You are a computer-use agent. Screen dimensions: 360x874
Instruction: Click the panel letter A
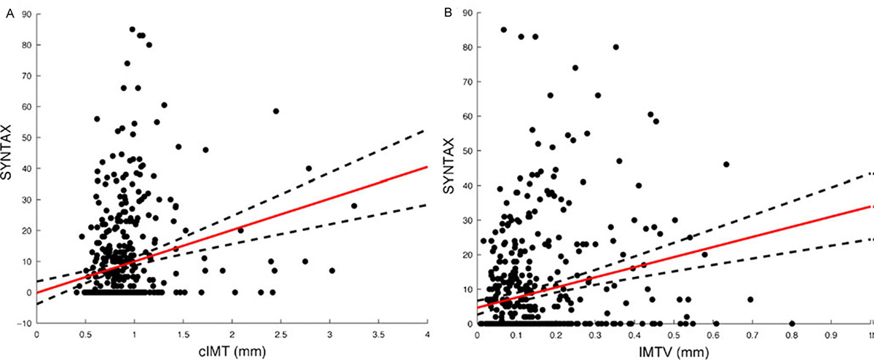tap(9, 9)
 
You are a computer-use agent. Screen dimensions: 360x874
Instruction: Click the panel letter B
tap(449, 9)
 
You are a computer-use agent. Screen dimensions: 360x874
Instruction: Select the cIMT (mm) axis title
tap(231, 351)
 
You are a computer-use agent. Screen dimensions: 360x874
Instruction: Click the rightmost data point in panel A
tap(354, 206)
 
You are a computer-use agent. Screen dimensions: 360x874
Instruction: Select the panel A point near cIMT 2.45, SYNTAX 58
tap(276, 111)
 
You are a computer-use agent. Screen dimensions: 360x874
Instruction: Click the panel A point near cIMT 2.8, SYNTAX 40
tap(309, 168)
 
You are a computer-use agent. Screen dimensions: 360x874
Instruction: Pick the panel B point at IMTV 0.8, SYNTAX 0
tap(792, 323)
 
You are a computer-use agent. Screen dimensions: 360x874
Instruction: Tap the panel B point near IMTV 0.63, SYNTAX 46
tap(726, 165)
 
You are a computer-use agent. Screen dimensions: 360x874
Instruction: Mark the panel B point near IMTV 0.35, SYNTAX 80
tap(616, 47)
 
